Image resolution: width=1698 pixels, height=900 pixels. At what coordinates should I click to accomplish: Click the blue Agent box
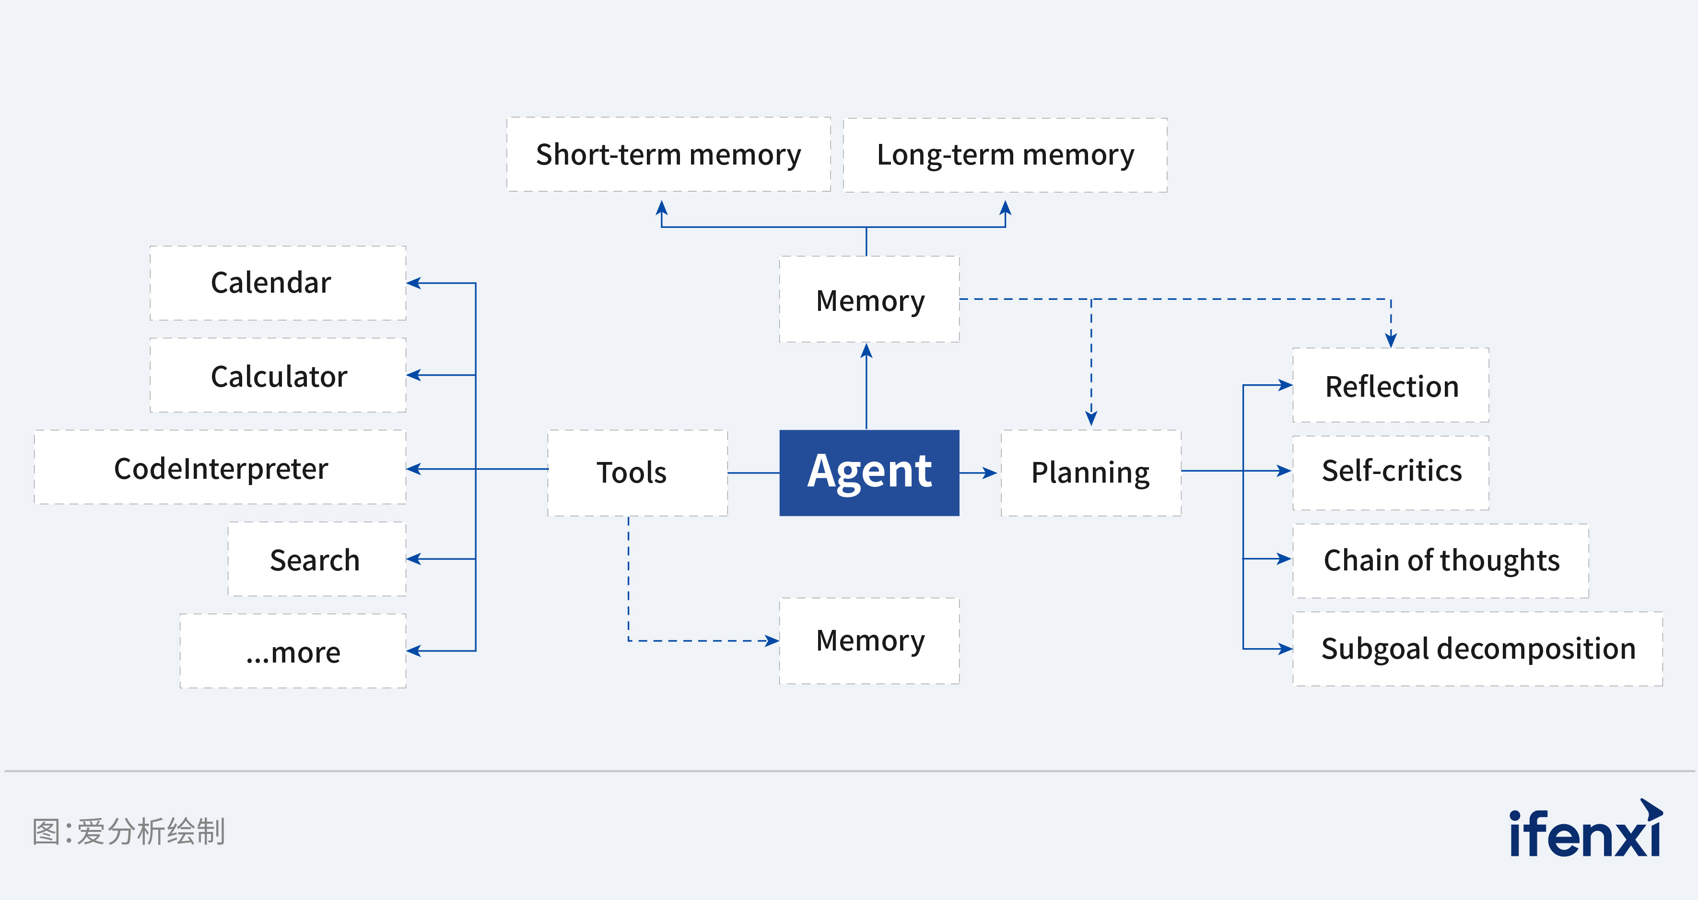pyautogui.click(x=869, y=472)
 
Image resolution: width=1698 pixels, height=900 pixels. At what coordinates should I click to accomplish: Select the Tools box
pyautogui.click(x=637, y=472)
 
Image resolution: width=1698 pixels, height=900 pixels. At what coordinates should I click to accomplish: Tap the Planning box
pyautogui.click(x=1091, y=472)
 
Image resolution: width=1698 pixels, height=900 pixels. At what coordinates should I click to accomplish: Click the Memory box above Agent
pyautogui.click(x=869, y=299)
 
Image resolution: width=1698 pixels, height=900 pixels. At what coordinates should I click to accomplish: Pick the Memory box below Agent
pyautogui.click(x=869, y=640)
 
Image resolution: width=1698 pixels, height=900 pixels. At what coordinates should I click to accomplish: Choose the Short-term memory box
pyautogui.click(x=668, y=154)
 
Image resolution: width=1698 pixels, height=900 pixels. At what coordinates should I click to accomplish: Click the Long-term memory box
pyautogui.click(x=1005, y=155)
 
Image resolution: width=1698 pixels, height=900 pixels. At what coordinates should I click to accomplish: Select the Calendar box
pyautogui.click(x=278, y=283)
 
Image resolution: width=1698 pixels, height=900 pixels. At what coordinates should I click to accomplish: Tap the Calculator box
pyautogui.click(x=278, y=375)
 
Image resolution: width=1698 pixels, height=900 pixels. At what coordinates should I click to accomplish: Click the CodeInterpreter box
pyautogui.click(x=220, y=467)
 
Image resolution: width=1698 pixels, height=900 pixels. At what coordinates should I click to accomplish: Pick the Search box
pyautogui.click(x=316, y=559)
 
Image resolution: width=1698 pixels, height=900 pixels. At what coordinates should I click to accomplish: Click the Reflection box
pyautogui.click(x=1391, y=385)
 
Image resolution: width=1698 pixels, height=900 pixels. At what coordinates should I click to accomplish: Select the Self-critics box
pyautogui.click(x=1391, y=472)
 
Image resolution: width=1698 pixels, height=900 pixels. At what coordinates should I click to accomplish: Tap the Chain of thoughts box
pyautogui.click(x=1440, y=560)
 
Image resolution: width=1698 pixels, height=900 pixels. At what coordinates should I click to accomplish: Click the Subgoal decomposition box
pyautogui.click(x=1477, y=649)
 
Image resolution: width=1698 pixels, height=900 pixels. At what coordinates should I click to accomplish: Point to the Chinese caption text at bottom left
pyautogui.click(x=129, y=831)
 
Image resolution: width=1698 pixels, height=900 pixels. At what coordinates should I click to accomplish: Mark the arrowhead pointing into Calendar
pyautogui.click(x=414, y=283)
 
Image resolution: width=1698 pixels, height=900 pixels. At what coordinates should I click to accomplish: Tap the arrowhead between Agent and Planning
pyautogui.click(x=989, y=473)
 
